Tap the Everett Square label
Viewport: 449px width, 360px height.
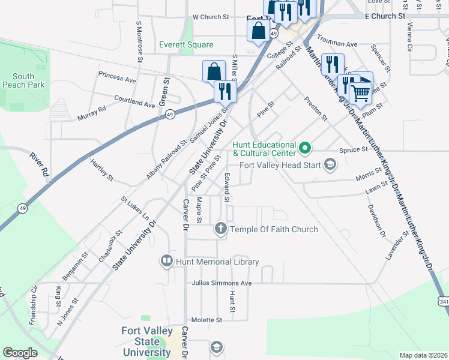point(186,45)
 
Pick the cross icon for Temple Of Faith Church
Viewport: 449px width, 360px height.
point(220,229)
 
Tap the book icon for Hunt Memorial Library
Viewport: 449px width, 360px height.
point(166,261)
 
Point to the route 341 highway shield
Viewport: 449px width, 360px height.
point(443,302)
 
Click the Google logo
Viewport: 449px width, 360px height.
point(20,353)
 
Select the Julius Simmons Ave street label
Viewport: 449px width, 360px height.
point(221,283)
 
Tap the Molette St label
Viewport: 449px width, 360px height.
point(206,320)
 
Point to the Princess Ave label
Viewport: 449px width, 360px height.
point(118,78)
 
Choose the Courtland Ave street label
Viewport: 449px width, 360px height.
point(134,101)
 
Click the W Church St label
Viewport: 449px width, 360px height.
point(211,18)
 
